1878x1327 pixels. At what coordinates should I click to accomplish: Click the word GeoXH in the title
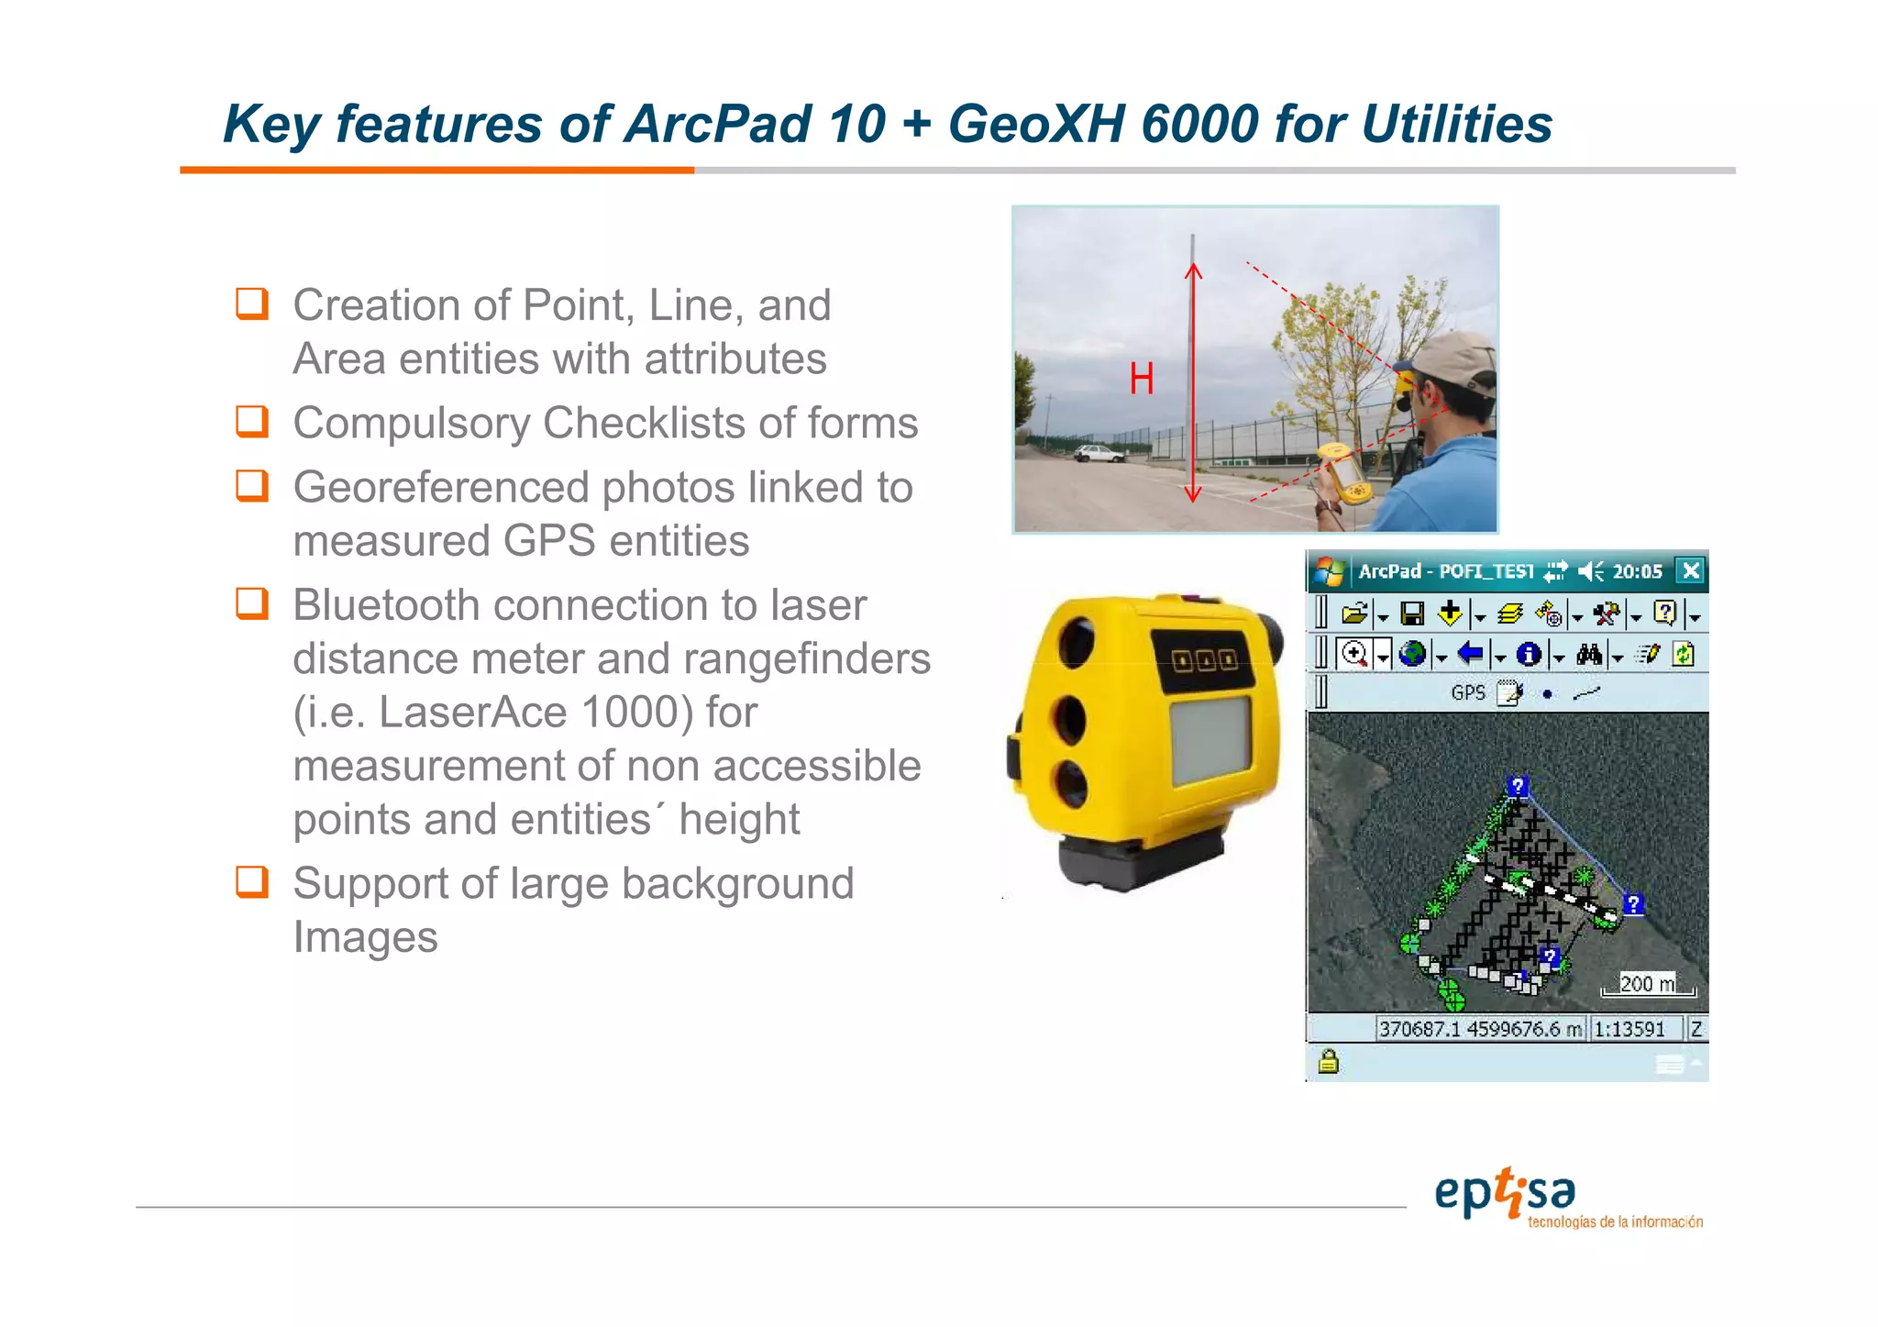point(1036,124)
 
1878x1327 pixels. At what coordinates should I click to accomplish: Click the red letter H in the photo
point(1141,379)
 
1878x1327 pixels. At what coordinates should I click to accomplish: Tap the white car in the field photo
point(1098,453)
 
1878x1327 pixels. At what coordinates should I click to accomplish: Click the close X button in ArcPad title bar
point(1690,571)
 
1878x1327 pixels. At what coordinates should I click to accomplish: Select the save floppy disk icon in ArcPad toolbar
point(1412,614)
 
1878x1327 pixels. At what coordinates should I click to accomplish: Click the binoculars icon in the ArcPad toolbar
point(1589,654)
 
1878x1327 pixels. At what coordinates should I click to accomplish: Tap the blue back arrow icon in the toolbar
point(1470,654)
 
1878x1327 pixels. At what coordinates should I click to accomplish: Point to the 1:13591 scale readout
point(1629,1029)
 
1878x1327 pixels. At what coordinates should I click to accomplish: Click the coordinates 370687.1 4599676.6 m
point(1480,1029)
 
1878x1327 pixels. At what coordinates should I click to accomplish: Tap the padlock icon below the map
point(1329,1062)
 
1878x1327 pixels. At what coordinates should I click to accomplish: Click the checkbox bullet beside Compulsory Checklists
point(252,422)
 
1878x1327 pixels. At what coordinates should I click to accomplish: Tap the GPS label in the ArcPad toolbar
point(1467,693)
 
